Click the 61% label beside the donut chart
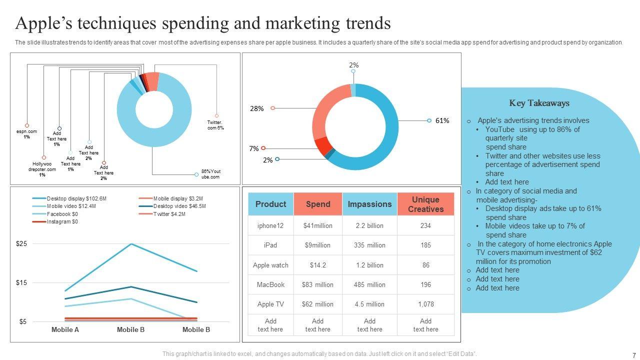(x=442, y=120)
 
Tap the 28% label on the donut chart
(x=256, y=108)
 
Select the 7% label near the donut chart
(x=254, y=148)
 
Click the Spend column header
(x=318, y=204)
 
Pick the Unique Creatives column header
(x=425, y=204)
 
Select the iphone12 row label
(x=270, y=225)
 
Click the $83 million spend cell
(x=317, y=284)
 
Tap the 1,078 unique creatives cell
(x=425, y=304)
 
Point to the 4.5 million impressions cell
(x=369, y=304)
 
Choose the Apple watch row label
(x=270, y=265)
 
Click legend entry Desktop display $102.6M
(x=76, y=198)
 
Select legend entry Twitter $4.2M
(x=169, y=214)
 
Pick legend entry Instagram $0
(x=62, y=221)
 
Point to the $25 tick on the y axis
(x=21, y=243)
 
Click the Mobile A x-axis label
(x=65, y=329)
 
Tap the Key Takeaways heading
(x=539, y=103)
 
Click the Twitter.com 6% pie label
(x=215, y=125)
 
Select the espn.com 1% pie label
(x=26, y=134)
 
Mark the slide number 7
(x=633, y=354)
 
